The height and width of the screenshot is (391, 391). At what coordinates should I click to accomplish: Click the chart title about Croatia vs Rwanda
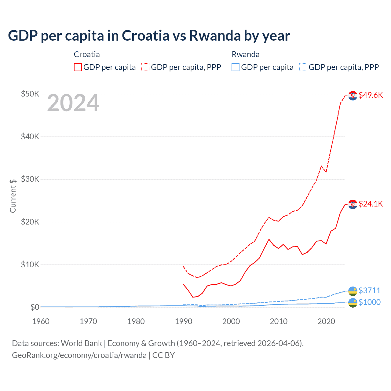tap(149, 36)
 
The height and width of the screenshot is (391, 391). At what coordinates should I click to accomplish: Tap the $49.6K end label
tap(371, 95)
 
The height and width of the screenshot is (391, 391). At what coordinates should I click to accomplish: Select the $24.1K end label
tap(371, 204)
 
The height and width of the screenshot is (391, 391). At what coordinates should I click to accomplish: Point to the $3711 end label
tap(369, 291)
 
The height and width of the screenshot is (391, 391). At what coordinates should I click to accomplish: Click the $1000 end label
tap(369, 302)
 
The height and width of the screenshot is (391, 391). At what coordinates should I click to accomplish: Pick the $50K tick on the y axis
tap(30, 94)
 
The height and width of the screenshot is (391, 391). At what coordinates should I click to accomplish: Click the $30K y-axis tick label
tap(30, 179)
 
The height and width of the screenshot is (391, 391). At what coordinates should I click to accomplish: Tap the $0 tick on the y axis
tap(35, 307)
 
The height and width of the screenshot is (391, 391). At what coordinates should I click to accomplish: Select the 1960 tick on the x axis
tap(41, 321)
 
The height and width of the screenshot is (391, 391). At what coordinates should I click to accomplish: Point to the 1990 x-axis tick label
tap(184, 321)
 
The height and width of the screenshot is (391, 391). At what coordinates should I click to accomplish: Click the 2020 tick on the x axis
tap(326, 321)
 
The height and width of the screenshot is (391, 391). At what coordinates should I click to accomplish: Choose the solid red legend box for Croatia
tap(78, 67)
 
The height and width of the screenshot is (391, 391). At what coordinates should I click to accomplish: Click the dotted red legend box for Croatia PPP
tap(145, 67)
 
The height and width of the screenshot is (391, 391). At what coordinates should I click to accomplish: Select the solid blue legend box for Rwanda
tap(236, 67)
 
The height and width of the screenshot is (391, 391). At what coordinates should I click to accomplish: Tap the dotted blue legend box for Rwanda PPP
tap(303, 67)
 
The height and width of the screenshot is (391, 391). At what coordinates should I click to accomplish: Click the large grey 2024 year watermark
tap(73, 103)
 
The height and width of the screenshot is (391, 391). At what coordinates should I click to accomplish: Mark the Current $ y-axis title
tap(13, 196)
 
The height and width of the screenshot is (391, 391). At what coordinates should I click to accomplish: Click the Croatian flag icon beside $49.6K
tap(353, 96)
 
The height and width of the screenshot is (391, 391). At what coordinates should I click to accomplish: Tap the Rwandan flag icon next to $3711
tap(353, 291)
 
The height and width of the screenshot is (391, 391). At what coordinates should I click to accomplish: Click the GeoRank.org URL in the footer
tap(79, 355)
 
